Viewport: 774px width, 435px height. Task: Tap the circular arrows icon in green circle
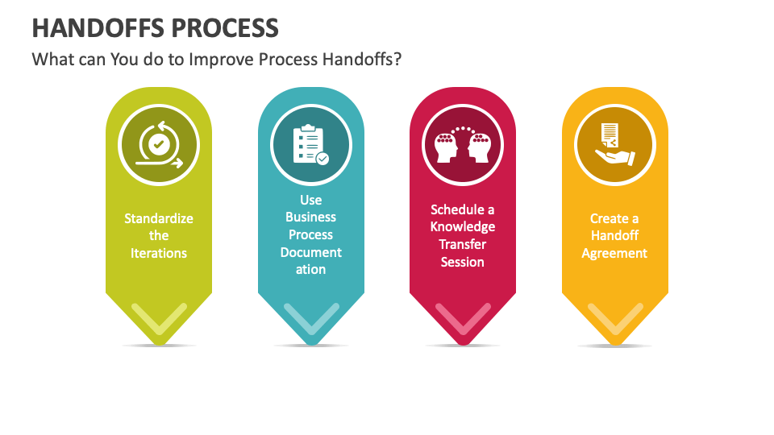[159, 145]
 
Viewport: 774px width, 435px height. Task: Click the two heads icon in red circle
[463, 145]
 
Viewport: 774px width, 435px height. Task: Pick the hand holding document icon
[614, 145]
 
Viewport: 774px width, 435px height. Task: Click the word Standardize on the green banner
[159, 218]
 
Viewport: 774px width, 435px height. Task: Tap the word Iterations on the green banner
[159, 253]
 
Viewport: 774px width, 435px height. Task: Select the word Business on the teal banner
[310, 217]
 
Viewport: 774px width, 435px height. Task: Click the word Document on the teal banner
[310, 252]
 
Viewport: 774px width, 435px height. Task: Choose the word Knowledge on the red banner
[463, 227]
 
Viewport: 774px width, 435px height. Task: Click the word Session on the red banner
[463, 262]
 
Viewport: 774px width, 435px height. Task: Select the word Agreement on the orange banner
[614, 253]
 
